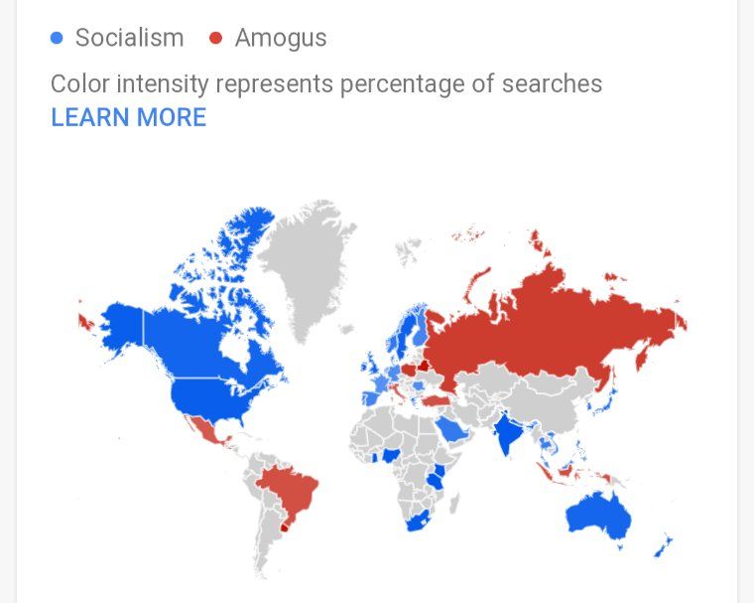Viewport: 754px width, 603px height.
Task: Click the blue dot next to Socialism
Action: tap(57, 39)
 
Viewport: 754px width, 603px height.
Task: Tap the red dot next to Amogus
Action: tap(215, 39)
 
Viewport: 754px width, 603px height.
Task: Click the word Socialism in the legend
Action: tap(129, 39)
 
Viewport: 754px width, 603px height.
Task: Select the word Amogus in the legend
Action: tap(281, 39)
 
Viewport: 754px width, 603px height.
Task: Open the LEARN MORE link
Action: tap(128, 117)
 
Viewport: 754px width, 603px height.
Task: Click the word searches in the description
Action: tap(558, 83)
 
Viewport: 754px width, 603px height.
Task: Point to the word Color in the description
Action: tap(78, 83)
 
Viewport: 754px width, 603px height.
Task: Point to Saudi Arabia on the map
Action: tap(453, 429)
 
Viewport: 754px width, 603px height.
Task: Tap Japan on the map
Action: tap(606, 402)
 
